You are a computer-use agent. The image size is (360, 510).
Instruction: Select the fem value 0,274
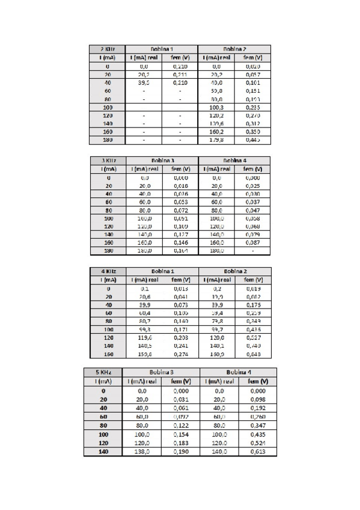point(180,355)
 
